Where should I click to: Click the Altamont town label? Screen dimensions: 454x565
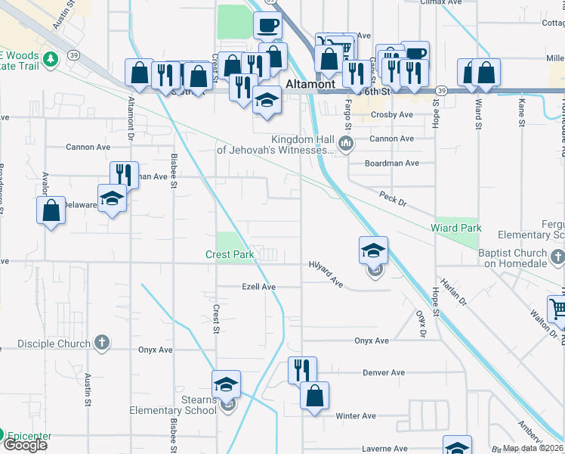pyautogui.click(x=310, y=84)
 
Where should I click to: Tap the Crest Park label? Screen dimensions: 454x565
pyautogui.click(x=230, y=255)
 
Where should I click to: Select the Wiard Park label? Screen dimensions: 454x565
pyautogui.click(x=455, y=228)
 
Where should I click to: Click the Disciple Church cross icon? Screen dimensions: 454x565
pyautogui.click(x=103, y=344)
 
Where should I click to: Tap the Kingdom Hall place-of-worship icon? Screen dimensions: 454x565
pyautogui.click(x=347, y=143)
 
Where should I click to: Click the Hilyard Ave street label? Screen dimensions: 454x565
pyautogui.click(x=326, y=273)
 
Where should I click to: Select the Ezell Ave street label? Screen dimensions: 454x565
pyautogui.click(x=258, y=288)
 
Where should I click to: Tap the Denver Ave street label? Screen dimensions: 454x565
pyautogui.click(x=384, y=373)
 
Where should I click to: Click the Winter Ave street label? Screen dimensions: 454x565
pyautogui.click(x=356, y=416)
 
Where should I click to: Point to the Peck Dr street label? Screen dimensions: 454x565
pyautogui.click(x=393, y=199)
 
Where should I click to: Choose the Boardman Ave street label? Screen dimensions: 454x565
pyautogui.click(x=391, y=163)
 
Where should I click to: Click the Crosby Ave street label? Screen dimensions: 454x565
pyautogui.click(x=392, y=115)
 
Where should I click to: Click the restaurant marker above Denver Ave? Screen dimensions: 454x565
pyautogui.click(x=302, y=370)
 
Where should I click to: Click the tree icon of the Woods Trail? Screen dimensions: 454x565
pyautogui.click(x=51, y=58)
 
